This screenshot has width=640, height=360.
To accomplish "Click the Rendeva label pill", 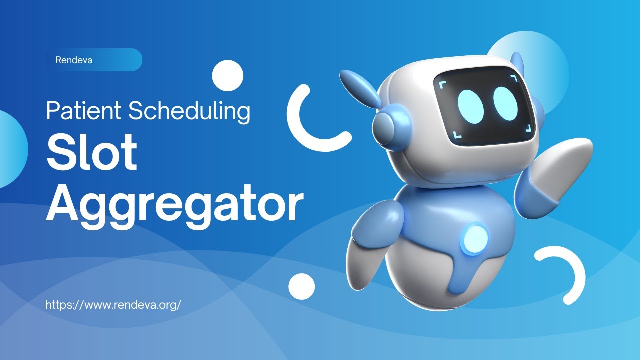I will click(x=94, y=60).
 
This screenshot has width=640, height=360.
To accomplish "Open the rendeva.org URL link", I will click(x=113, y=304).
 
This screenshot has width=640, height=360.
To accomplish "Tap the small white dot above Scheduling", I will click(x=227, y=75).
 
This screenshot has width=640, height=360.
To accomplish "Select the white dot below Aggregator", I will click(x=302, y=286).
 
